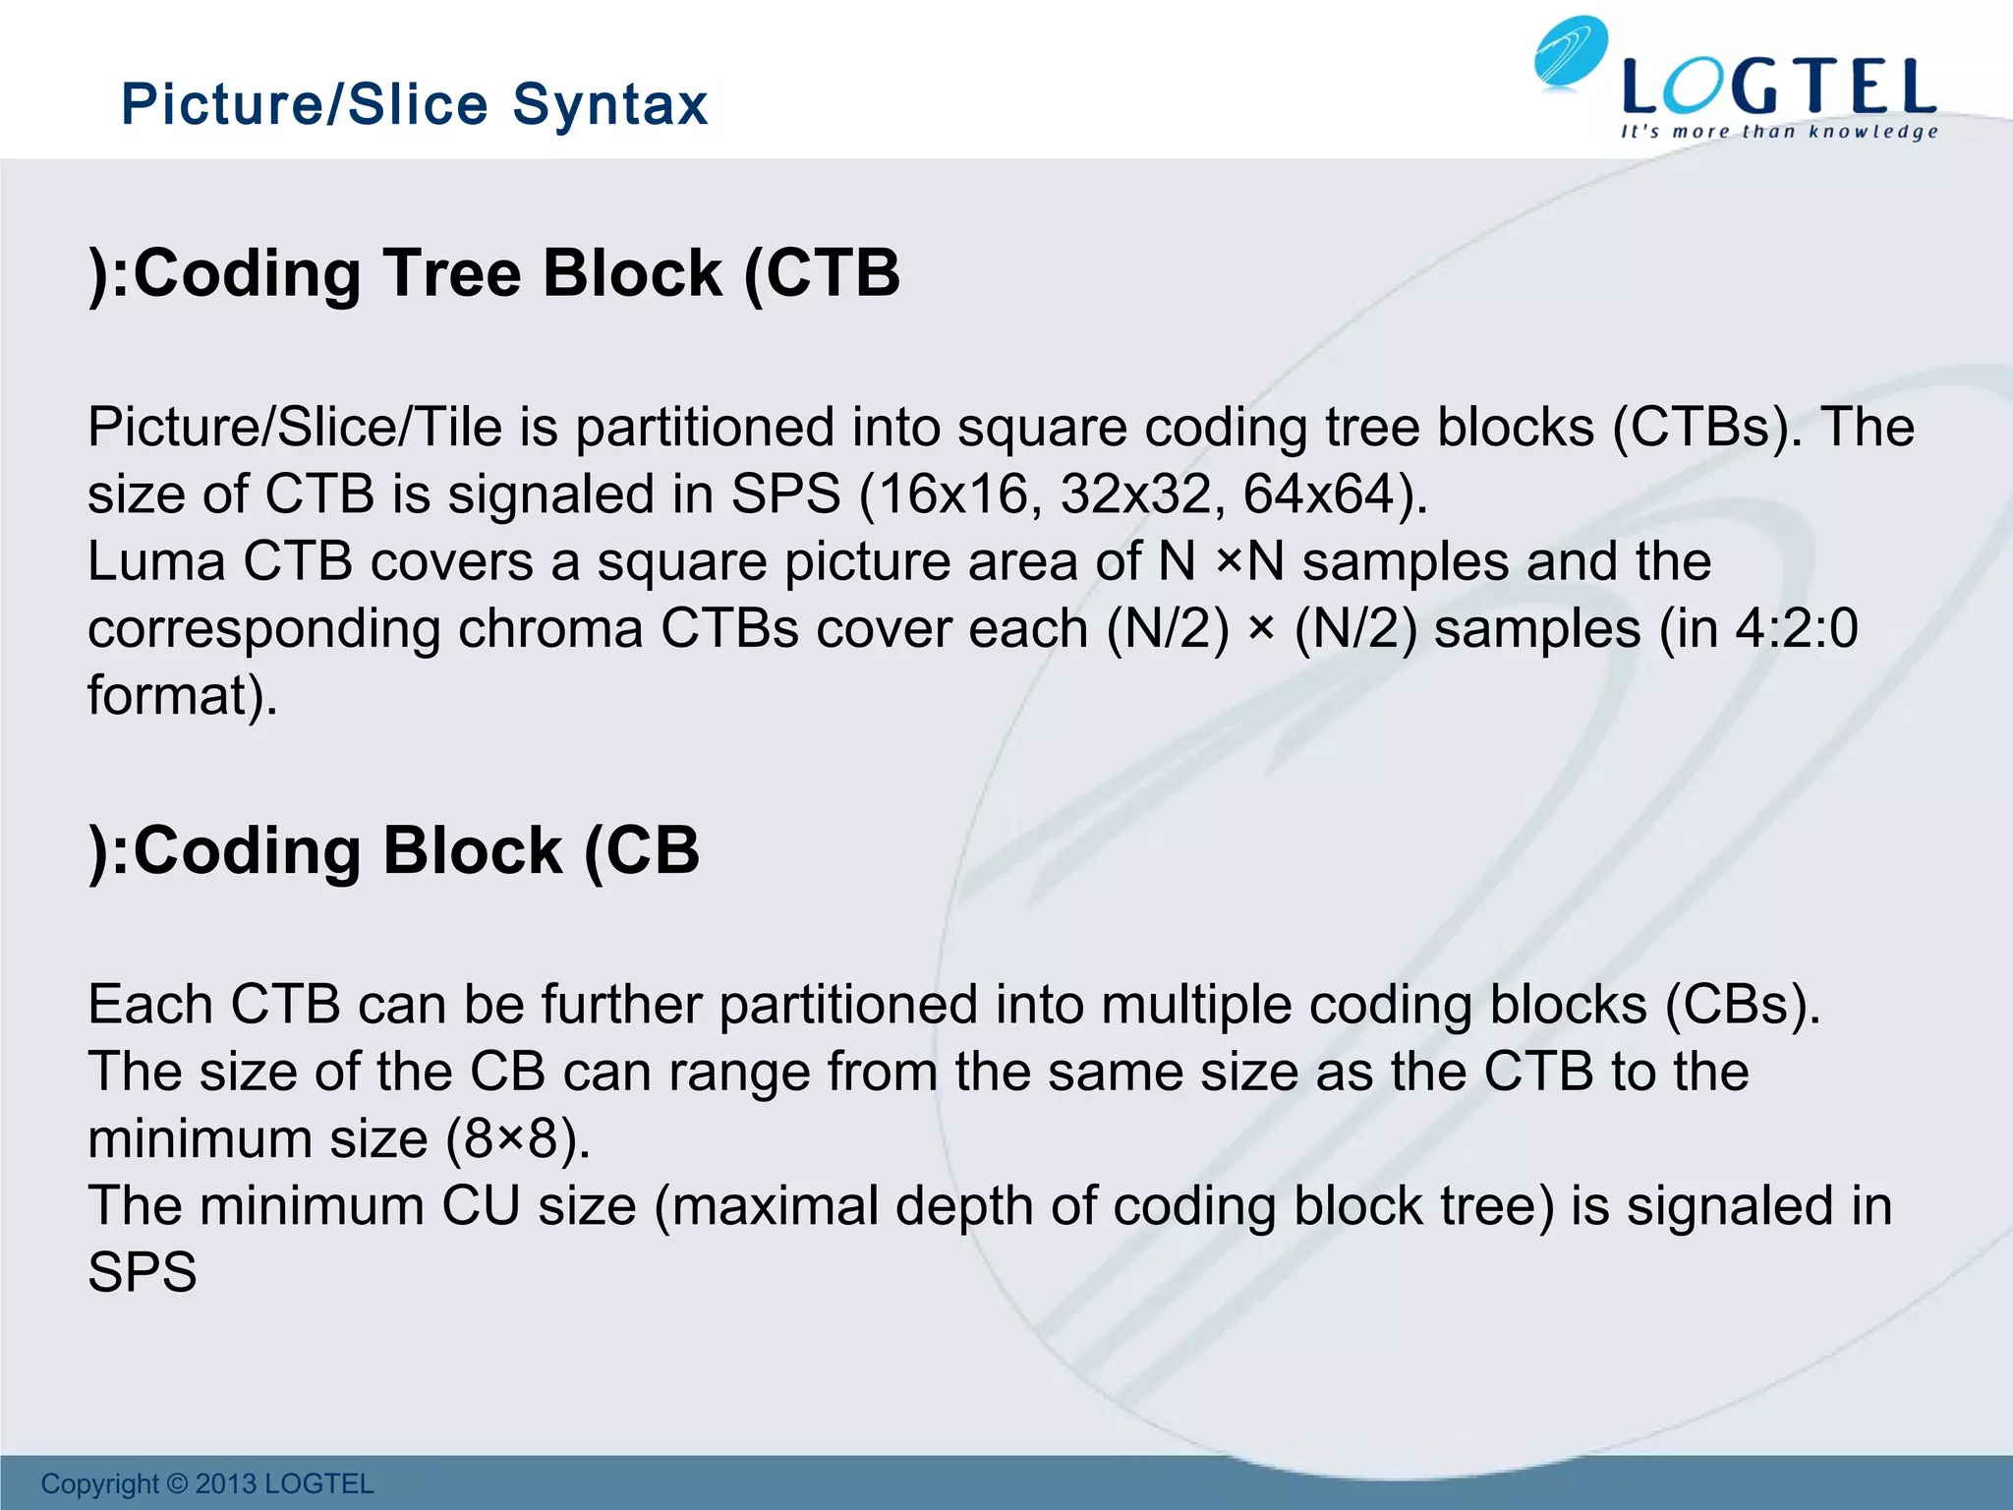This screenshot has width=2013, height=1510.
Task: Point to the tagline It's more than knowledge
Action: [1779, 132]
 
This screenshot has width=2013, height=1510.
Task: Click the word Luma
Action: [156, 561]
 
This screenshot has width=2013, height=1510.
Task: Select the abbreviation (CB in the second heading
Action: [641, 850]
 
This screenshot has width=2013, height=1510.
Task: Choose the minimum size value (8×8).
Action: [518, 1139]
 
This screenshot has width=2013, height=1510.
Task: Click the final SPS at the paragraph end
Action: [143, 1272]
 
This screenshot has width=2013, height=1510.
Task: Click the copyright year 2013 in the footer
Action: [226, 1483]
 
